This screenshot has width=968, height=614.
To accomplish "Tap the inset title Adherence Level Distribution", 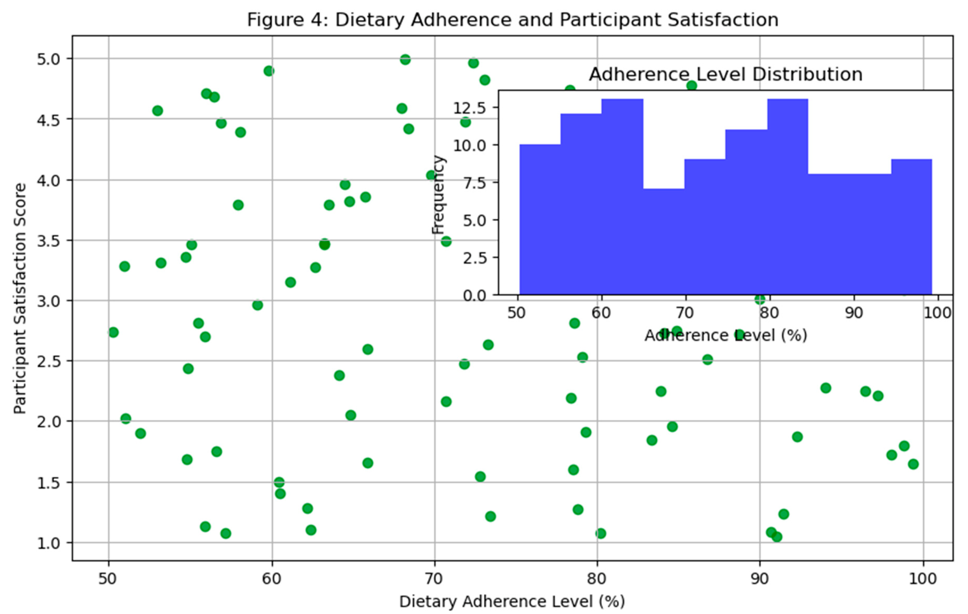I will tap(726, 75).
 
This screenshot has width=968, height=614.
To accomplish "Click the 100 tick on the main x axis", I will tap(923, 579).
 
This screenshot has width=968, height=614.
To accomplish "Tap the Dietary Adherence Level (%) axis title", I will tap(512, 601).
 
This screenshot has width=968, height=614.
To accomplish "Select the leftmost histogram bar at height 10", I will tap(540, 219).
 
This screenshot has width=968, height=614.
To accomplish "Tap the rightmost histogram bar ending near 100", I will tap(911, 227).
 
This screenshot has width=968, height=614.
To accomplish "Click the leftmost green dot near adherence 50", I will tap(113, 332).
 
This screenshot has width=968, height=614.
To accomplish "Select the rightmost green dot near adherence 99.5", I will tap(913, 464).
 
